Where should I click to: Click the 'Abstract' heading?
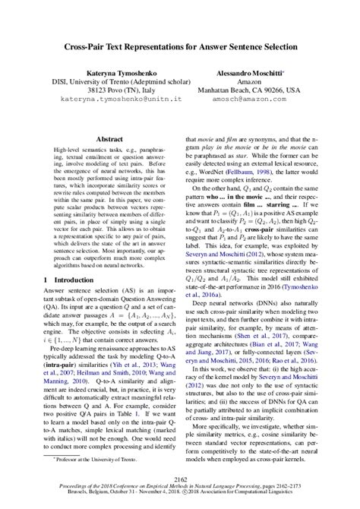[x=106, y=141]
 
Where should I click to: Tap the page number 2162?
[x=180, y=477]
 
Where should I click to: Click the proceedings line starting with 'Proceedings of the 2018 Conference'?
[x=180, y=485]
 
